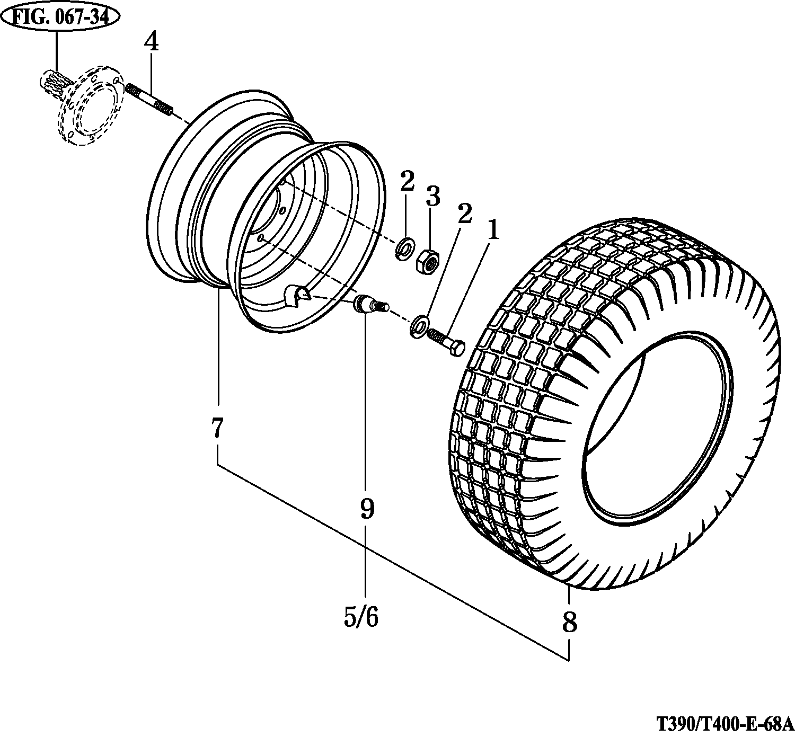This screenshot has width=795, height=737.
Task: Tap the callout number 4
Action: click(x=151, y=41)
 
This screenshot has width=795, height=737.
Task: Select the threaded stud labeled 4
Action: click(x=149, y=100)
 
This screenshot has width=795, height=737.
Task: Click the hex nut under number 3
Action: click(x=428, y=260)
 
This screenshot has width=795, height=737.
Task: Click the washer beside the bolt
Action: click(x=419, y=325)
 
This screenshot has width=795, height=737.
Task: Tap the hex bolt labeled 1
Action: click(x=446, y=342)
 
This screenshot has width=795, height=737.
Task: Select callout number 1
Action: click(x=493, y=231)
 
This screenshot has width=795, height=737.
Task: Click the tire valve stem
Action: click(x=370, y=306)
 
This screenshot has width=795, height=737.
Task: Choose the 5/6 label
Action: click(x=361, y=616)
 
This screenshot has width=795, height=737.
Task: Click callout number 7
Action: click(x=217, y=428)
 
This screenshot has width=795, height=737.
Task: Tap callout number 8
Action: click(x=569, y=622)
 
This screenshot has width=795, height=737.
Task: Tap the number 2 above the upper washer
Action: click(x=407, y=181)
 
